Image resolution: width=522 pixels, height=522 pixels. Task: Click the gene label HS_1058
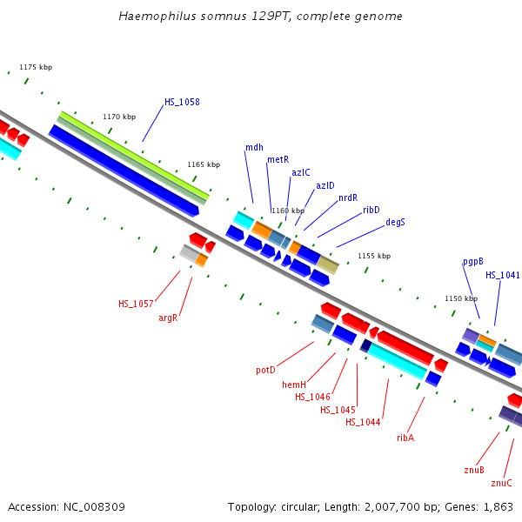click(x=182, y=102)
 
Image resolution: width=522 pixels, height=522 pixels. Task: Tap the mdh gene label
click(x=254, y=147)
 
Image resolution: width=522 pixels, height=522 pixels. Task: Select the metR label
click(x=278, y=159)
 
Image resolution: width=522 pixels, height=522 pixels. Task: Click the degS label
click(x=395, y=222)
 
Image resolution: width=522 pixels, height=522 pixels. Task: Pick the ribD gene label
click(x=371, y=210)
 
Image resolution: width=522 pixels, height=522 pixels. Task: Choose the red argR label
click(x=168, y=318)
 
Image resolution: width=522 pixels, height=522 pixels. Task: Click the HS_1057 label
click(x=136, y=304)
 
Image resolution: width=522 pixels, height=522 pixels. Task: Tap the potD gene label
click(x=265, y=370)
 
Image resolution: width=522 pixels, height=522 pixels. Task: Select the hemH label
click(x=294, y=385)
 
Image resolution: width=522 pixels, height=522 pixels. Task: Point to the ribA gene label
click(x=405, y=438)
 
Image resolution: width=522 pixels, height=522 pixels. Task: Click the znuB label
click(x=474, y=470)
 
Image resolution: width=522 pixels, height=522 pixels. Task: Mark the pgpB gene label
click(x=472, y=261)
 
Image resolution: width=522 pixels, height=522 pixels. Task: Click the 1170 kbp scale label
click(x=119, y=117)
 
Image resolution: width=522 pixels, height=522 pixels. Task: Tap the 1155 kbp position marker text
click(x=374, y=256)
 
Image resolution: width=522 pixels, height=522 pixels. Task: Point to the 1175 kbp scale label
click(x=36, y=67)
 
